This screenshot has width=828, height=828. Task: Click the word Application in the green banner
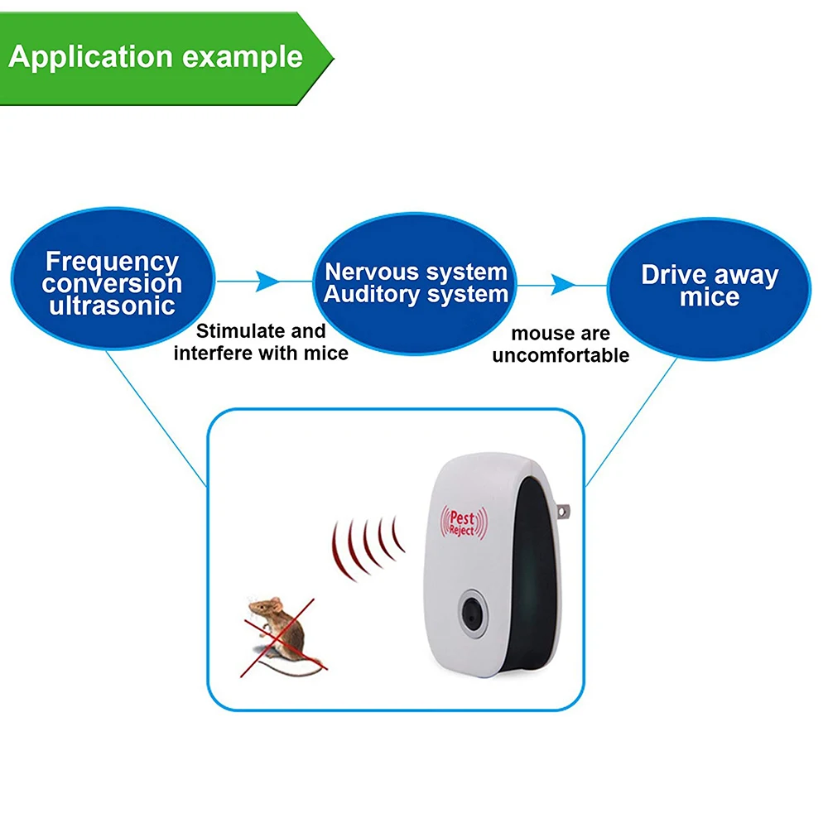tap(91, 57)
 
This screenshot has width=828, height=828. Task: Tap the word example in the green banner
tap(243, 57)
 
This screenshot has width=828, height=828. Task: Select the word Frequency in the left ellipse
tap(112, 261)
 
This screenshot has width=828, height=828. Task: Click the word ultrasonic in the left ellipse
tap(112, 306)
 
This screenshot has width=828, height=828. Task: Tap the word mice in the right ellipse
tap(710, 296)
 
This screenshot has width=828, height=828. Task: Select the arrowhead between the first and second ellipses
tap(267, 281)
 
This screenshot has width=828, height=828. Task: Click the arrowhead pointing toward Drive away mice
tap(563, 285)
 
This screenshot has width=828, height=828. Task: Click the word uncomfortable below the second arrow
tap(561, 355)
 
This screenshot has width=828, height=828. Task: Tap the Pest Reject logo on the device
tap(465, 522)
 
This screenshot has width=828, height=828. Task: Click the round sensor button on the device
tap(473, 614)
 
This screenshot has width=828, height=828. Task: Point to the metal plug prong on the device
tap(563, 511)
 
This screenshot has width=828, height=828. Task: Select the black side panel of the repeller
tap(534, 573)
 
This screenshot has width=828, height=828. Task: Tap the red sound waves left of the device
tap(367, 548)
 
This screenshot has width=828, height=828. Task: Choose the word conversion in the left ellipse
tap(112, 283)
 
